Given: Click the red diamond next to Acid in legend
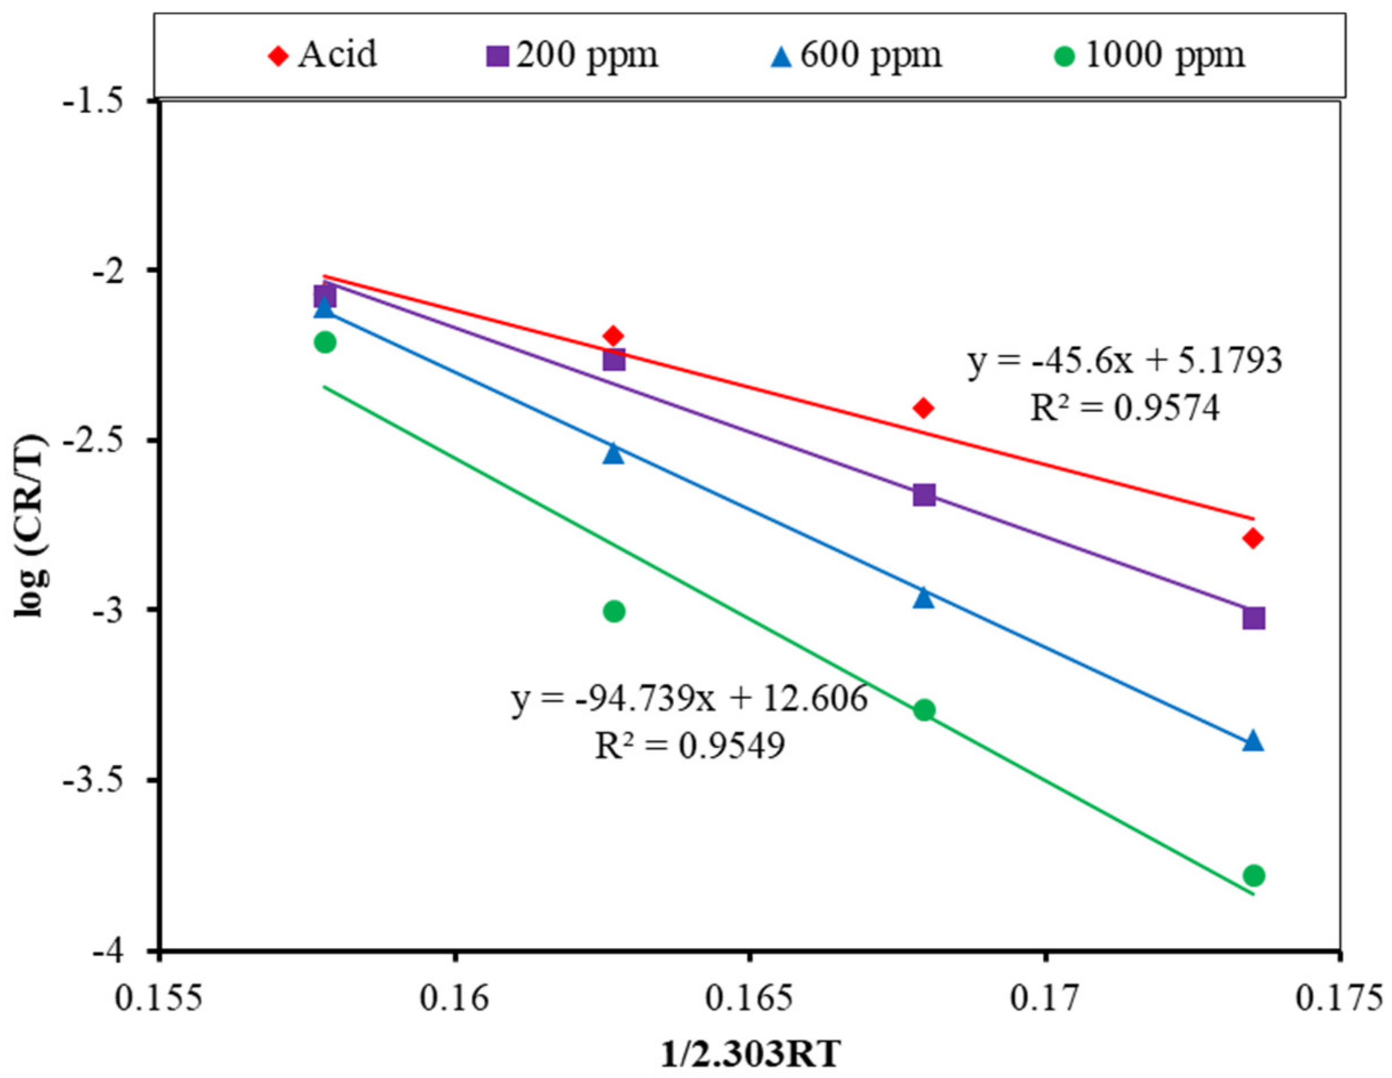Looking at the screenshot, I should point(278,56).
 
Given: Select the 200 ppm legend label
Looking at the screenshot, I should point(587,55).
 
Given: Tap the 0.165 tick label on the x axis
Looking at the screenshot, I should point(750,999).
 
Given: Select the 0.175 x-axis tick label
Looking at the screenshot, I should point(1341,999).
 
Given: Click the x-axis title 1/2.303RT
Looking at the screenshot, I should point(750,1055).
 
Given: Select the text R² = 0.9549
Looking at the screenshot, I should point(690,746).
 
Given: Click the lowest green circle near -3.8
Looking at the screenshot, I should point(1254,875).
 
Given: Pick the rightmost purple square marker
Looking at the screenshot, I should point(1254,618).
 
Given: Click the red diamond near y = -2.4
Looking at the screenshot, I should point(923,408).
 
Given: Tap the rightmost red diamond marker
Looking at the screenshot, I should point(1254,538).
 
